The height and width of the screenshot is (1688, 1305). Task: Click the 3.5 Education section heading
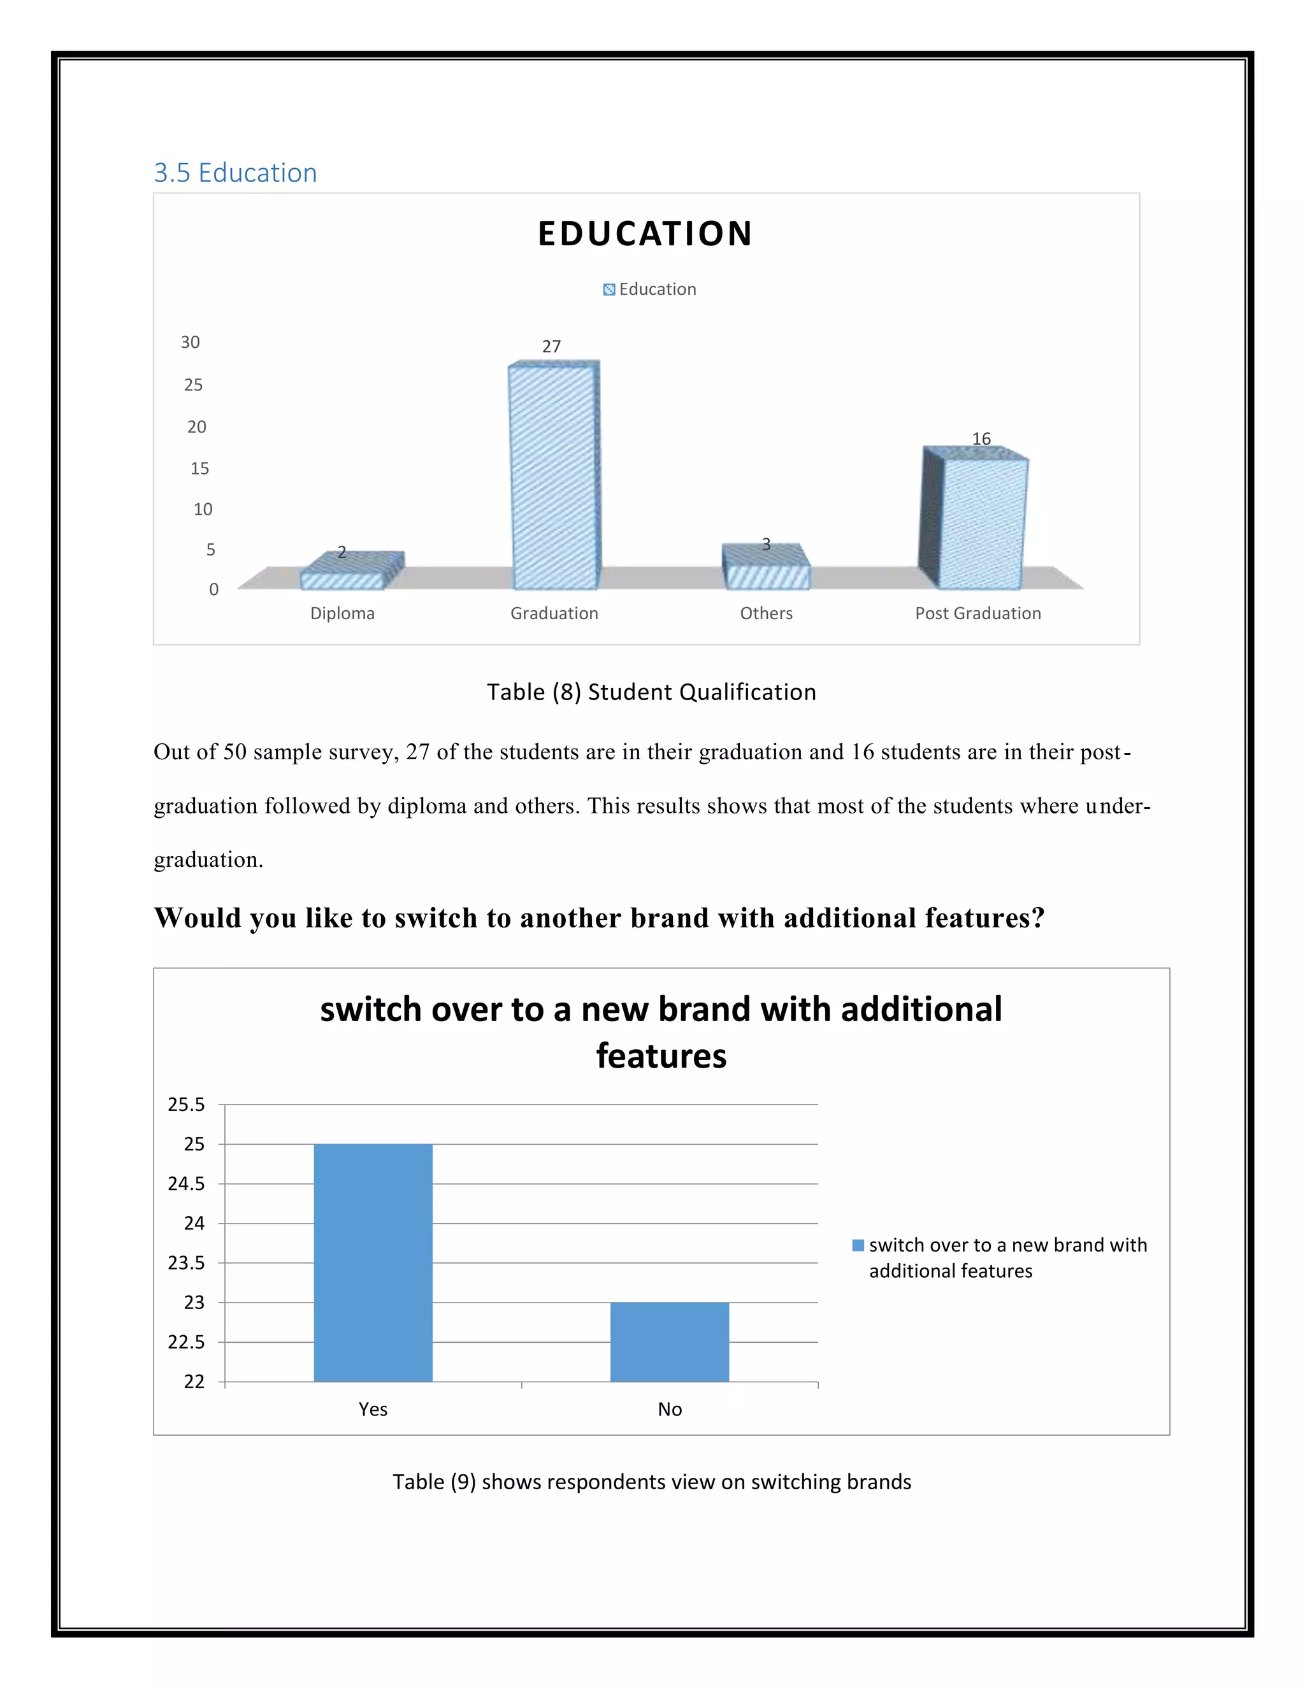235,173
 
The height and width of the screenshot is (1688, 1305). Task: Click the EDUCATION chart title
645,233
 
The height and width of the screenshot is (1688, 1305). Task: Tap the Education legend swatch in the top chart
609,290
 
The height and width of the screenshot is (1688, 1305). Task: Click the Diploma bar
342,579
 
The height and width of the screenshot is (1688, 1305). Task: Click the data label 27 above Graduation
551,347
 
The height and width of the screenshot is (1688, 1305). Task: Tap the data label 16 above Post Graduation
981,438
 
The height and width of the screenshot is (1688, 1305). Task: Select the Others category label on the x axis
766,613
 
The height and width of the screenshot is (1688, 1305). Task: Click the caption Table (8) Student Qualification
651,692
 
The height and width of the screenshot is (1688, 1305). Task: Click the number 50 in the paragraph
234,752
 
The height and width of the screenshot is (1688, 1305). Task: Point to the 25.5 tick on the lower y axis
186,1105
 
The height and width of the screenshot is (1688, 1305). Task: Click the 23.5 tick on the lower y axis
186,1263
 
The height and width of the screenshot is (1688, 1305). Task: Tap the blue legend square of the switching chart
858,1245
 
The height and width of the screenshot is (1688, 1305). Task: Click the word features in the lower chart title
661,1055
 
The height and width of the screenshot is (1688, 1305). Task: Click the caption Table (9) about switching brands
652,1482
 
